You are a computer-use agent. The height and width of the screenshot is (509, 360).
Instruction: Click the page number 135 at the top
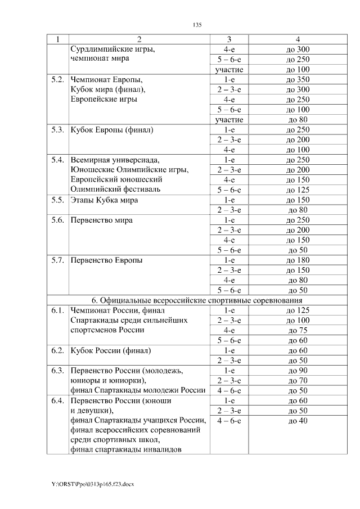point(197,25)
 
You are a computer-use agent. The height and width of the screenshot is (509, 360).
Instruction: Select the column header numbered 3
point(229,39)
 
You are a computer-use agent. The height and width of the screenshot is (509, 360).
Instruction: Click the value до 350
point(298,80)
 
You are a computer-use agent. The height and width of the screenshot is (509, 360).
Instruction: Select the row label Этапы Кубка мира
point(104,200)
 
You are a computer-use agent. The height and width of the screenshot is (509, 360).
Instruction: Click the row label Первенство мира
point(102,220)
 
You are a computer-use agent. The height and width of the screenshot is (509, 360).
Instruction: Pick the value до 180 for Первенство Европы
point(298,260)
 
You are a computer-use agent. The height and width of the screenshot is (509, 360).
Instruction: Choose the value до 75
point(298,331)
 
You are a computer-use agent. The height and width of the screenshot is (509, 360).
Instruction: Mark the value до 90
point(298,371)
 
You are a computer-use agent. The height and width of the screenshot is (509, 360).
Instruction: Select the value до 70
point(298,381)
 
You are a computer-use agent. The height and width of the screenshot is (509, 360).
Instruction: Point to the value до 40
point(298,421)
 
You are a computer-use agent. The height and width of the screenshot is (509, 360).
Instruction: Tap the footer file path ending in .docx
point(93,484)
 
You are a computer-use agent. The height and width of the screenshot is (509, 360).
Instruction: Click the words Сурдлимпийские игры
point(112,49)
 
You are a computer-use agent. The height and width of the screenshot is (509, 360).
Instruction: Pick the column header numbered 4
point(298,39)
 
